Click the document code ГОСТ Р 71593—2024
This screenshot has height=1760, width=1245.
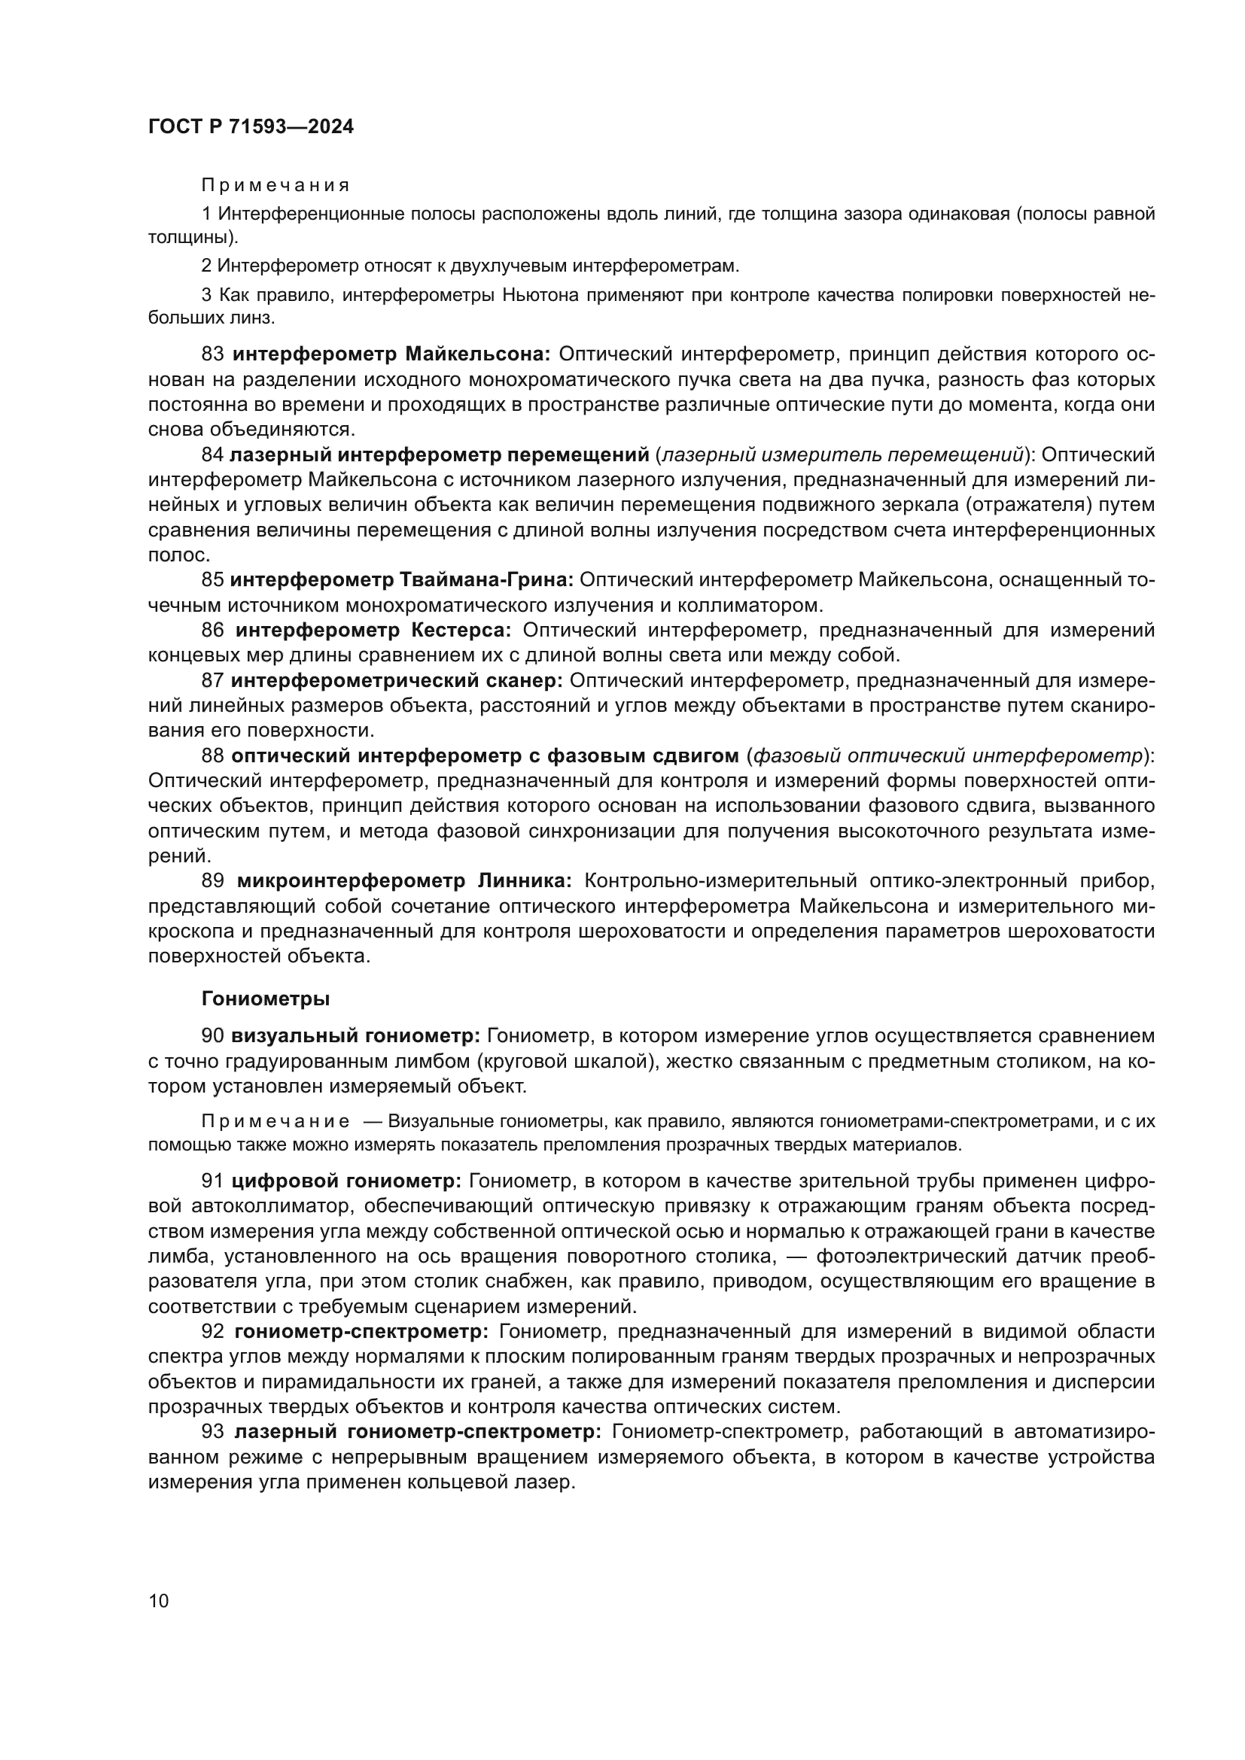tap(251, 126)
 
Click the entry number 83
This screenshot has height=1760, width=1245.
tap(212, 354)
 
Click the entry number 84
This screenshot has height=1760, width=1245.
tap(212, 454)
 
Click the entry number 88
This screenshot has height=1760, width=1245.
tap(212, 755)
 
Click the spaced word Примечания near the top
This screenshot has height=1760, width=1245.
tap(275, 186)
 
